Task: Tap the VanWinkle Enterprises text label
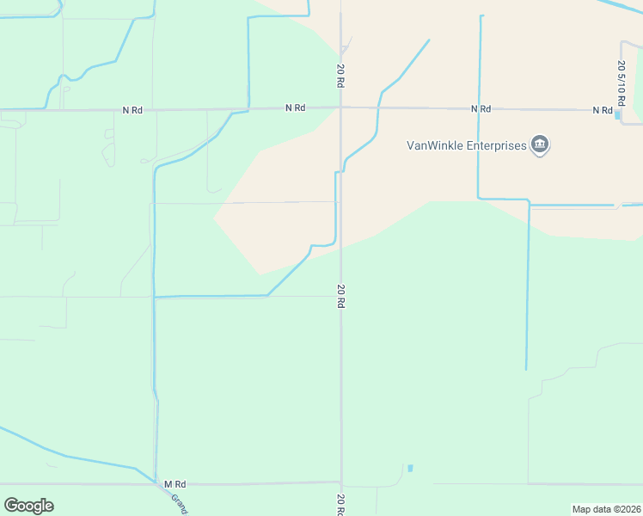(x=466, y=145)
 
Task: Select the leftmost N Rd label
(x=132, y=110)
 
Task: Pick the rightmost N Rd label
(x=602, y=110)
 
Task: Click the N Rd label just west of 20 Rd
(x=295, y=108)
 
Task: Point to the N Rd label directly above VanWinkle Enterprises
(x=481, y=109)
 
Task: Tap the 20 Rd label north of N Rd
(x=341, y=75)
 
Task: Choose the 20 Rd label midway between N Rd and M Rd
(x=341, y=297)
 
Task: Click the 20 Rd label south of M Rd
(x=341, y=505)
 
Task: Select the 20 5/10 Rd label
(x=621, y=77)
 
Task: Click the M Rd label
(x=175, y=484)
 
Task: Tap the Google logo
(x=28, y=506)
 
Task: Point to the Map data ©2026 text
(x=606, y=509)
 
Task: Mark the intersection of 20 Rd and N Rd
(x=341, y=108)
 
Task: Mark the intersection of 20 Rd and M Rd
(x=341, y=482)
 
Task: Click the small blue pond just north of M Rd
(x=410, y=468)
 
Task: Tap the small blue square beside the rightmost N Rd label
(x=618, y=114)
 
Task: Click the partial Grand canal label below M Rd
(x=179, y=503)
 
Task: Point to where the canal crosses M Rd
(x=156, y=482)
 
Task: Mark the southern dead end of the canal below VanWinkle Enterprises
(x=526, y=370)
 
